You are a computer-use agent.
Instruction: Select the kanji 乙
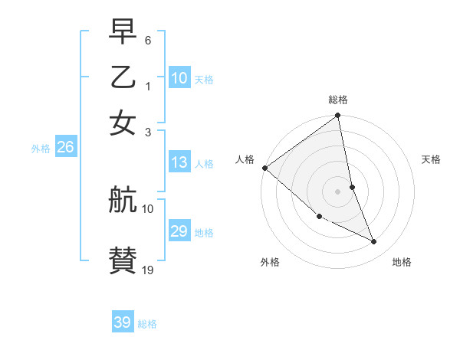123,78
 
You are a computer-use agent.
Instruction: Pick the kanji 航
123,201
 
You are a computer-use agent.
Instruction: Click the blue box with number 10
179,78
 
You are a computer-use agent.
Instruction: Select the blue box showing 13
179,162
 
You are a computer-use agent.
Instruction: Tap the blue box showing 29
179,231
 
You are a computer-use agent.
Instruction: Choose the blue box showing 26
65,148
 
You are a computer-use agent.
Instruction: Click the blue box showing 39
123,322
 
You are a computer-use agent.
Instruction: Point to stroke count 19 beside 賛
148,270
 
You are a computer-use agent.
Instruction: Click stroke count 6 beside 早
147,39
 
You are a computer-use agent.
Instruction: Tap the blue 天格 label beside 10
204,80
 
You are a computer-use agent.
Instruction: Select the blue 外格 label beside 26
41,149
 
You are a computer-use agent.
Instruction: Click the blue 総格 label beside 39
147,324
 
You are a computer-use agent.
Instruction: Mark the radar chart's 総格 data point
337,116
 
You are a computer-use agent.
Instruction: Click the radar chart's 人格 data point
264,168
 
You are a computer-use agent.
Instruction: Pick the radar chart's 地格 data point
374,242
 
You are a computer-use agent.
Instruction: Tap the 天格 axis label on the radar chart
432,159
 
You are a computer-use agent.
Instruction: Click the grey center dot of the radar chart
337,191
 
